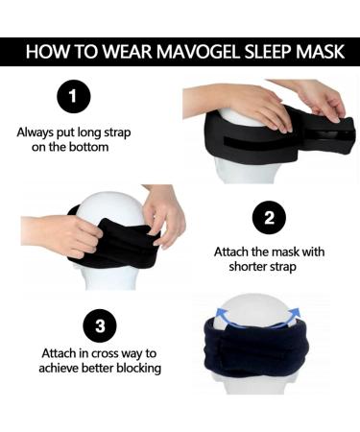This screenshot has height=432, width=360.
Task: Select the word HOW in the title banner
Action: click(x=47, y=52)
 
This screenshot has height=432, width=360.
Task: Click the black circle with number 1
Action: click(x=73, y=97)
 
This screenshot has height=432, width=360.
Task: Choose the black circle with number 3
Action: click(x=99, y=325)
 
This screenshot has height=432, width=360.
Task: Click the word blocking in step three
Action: click(x=134, y=368)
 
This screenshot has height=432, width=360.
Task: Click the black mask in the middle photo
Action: click(x=115, y=245)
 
